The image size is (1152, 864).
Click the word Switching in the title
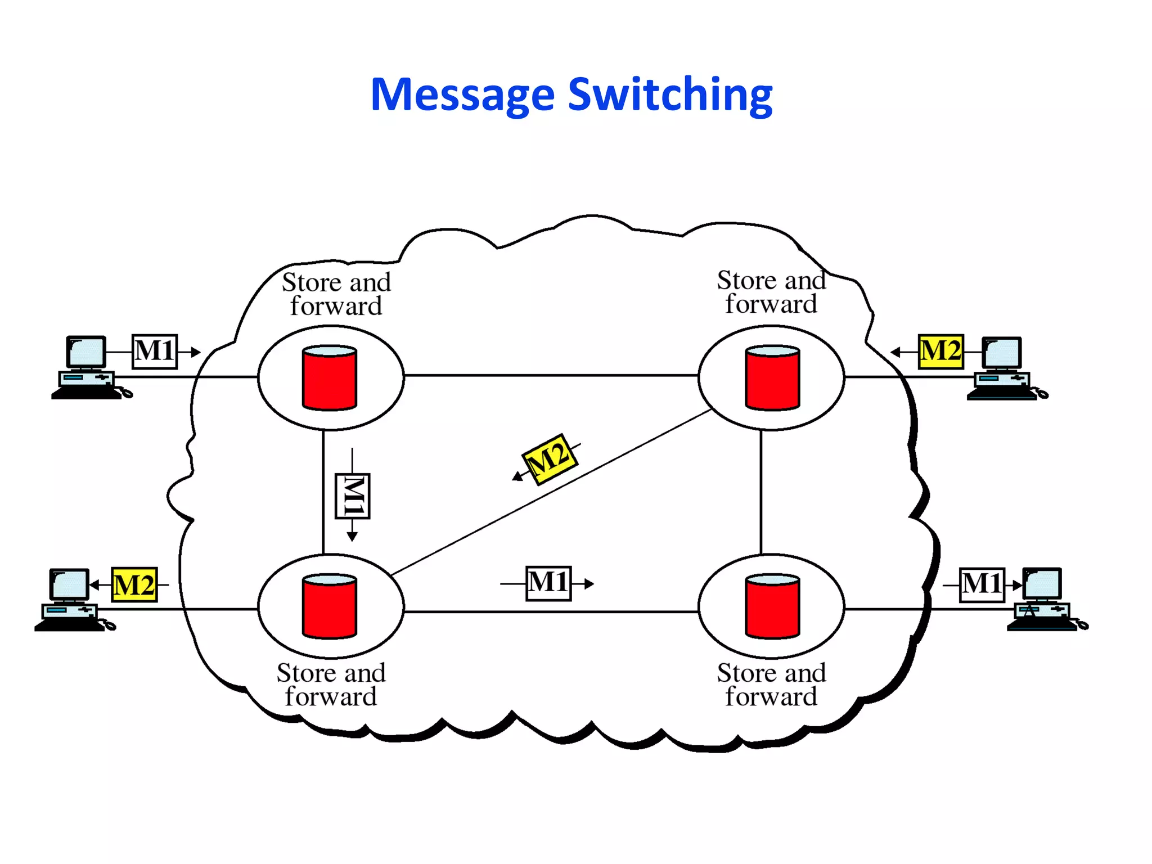670,94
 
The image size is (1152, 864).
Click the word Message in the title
462,94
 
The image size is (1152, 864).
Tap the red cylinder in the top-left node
330,378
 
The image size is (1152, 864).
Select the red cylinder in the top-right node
772,378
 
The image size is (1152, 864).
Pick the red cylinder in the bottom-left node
330,606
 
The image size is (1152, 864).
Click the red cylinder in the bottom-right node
772,606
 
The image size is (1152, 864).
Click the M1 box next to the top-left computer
155,352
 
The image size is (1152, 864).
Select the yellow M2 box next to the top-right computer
940,352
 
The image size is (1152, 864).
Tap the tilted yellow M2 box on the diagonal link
550,459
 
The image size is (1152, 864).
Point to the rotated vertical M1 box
352,496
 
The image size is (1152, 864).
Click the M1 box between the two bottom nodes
548,583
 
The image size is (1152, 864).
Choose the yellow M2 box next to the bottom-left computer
134,585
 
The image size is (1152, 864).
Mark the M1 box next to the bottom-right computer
982,585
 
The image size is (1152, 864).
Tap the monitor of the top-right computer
1002,353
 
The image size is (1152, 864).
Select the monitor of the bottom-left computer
70,584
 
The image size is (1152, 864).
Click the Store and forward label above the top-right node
771,292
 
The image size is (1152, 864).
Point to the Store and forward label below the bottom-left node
331,685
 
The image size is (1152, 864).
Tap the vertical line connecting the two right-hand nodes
761,492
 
